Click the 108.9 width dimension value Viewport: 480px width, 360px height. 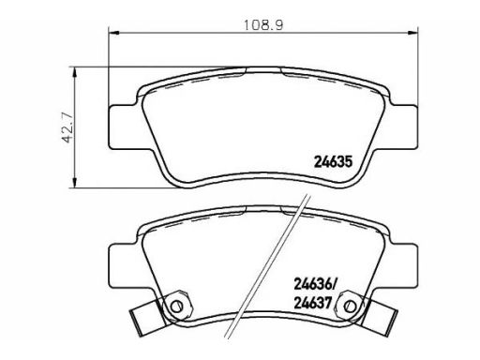pos(263,25)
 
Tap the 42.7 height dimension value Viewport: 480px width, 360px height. pos(67,128)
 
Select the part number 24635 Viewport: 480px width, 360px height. pos(333,162)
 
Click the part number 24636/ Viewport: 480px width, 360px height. pos(314,284)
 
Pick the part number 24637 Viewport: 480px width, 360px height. pos(312,303)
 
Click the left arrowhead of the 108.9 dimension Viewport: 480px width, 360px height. pos(113,32)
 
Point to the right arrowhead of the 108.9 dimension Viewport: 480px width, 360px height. pos(412,32)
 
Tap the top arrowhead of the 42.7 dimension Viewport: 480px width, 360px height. pos(74,72)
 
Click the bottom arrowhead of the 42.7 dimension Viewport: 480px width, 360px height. pos(74,183)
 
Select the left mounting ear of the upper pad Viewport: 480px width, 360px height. pos(124,127)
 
